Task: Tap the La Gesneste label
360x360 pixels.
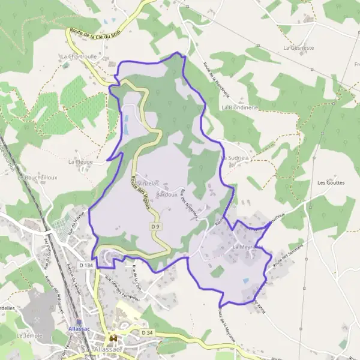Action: pyautogui.click(x=299, y=47)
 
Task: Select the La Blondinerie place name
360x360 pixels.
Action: pyautogui.click(x=239, y=107)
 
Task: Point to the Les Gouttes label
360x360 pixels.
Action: pyautogui.click(x=331, y=183)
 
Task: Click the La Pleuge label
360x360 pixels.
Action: pyautogui.click(x=79, y=161)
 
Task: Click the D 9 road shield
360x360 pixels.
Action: pyautogui.click(x=155, y=226)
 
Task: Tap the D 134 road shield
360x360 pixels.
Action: pyautogui.click(x=85, y=265)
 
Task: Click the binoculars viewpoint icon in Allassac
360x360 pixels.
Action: pyautogui.click(x=112, y=340)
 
